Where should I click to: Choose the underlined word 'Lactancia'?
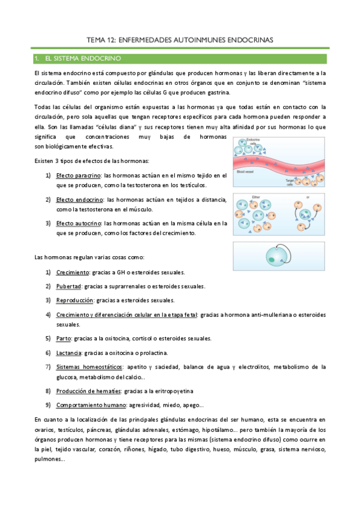coord(70,352)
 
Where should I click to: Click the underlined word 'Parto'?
coord(64,339)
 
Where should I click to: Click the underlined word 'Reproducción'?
coord(75,300)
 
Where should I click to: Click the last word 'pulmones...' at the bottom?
coord(50,459)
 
